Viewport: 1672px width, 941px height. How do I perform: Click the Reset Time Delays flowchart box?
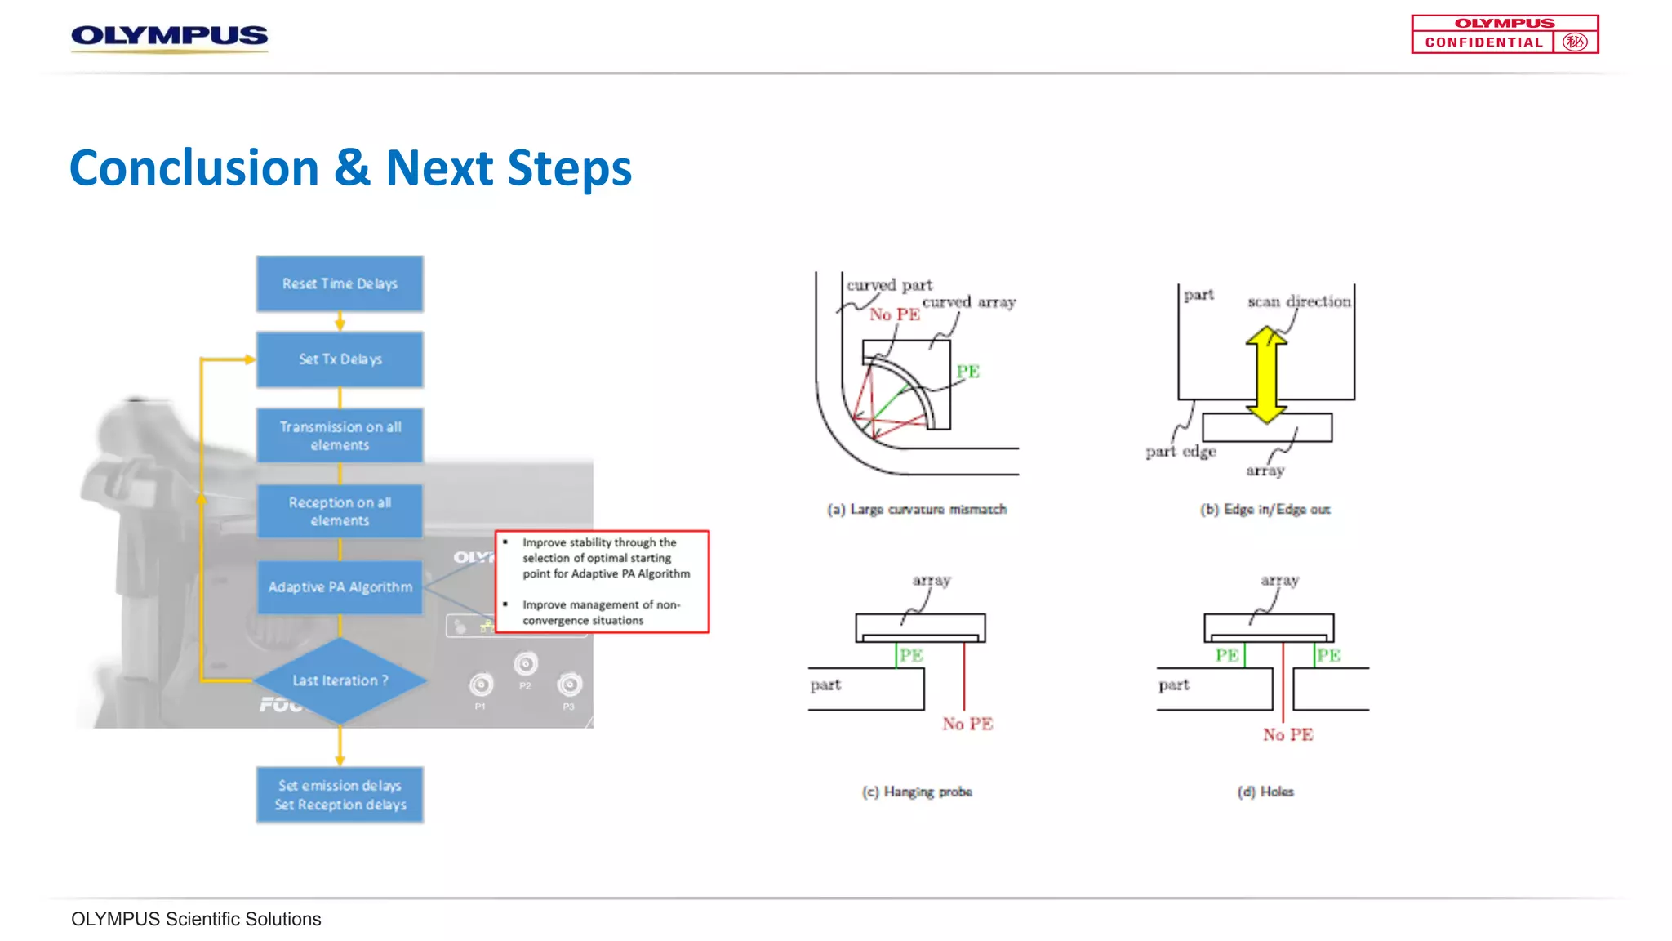(x=340, y=283)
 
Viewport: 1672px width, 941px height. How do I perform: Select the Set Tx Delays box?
(x=340, y=359)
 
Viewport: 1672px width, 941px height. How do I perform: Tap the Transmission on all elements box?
(x=340, y=435)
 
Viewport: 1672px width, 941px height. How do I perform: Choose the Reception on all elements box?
(x=340, y=511)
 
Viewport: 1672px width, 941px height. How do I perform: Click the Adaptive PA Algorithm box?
(x=340, y=586)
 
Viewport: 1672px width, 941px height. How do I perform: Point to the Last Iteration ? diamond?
(x=340, y=680)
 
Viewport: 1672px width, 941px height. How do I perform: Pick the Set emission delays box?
(x=340, y=795)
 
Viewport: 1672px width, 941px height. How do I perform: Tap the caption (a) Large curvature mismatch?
(x=917, y=510)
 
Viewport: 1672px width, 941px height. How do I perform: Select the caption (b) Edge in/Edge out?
(x=1265, y=510)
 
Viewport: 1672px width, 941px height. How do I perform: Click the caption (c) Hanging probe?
(x=917, y=792)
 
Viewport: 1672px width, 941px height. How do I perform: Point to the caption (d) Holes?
(x=1265, y=792)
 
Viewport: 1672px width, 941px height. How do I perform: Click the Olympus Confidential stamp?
(x=1505, y=34)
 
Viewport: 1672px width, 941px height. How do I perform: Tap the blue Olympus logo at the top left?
(x=169, y=36)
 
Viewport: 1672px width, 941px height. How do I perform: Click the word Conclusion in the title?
(x=194, y=168)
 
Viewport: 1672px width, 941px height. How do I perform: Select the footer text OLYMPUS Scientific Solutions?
(x=196, y=919)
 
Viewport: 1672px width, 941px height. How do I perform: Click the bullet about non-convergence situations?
(x=601, y=613)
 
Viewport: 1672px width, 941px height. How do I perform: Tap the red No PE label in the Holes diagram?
(x=1287, y=734)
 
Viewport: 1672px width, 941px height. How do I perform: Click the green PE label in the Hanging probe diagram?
(x=911, y=655)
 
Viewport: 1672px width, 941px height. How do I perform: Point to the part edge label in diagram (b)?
(x=1181, y=452)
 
